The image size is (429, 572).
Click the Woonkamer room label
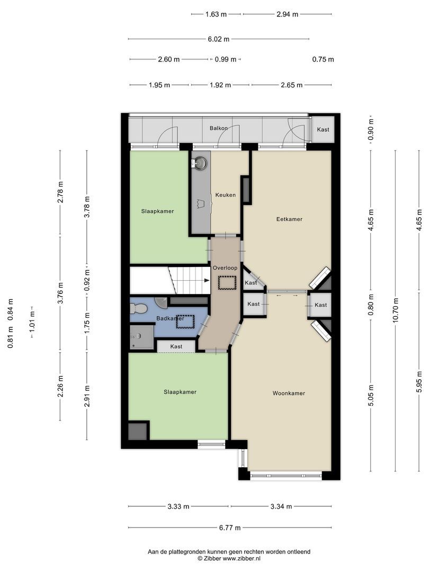(x=289, y=393)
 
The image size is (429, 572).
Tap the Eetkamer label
(x=289, y=219)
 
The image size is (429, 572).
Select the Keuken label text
(x=226, y=195)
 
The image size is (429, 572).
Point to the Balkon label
(x=219, y=128)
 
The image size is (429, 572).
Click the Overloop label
(x=225, y=268)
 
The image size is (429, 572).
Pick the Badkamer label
(x=170, y=318)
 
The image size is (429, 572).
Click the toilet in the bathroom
(x=138, y=309)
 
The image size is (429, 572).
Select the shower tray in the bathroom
(x=141, y=337)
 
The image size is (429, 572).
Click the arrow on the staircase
(x=207, y=280)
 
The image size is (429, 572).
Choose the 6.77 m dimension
(x=230, y=528)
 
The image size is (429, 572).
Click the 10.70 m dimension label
(x=396, y=310)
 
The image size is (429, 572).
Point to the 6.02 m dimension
(x=219, y=39)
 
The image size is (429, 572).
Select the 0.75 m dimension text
(x=323, y=59)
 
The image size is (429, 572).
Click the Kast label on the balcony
(x=323, y=130)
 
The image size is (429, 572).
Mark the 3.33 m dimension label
(x=178, y=506)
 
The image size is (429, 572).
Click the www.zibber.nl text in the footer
(x=242, y=558)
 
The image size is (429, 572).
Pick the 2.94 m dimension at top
(x=288, y=14)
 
